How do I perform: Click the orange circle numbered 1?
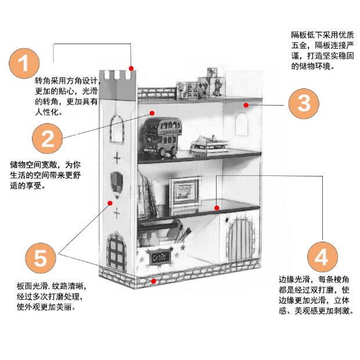pyautogui.click(x=24, y=63)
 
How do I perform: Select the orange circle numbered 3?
pyautogui.click(x=304, y=103)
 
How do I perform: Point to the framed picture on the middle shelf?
pyautogui.click(x=185, y=192)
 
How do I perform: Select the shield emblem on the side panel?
pyautogui.click(x=117, y=181)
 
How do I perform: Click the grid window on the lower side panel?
pyautogui.click(x=117, y=250)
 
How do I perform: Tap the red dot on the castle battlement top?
pyautogui.click(x=132, y=68)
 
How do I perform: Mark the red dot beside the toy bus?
pyautogui.click(x=152, y=113)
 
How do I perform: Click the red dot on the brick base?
pyautogui.click(x=153, y=280)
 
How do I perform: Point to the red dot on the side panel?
pyautogui.click(x=110, y=203)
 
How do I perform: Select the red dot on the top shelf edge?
pyautogui.click(x=246, y=105)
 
